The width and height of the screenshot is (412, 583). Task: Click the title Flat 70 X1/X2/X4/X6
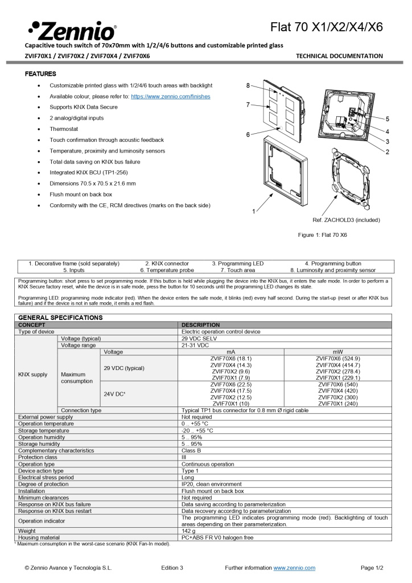click(327, 27)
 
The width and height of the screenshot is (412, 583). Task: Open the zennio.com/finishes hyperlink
click(170, 97)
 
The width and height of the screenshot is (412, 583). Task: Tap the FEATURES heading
click(40, 74)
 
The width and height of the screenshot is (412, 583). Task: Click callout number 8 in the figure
click(248, 85)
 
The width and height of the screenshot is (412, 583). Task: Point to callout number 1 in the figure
click(254, 211)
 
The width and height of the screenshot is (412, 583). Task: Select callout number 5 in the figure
click(387, 119)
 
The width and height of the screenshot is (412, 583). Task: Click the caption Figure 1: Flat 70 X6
click(323, 235)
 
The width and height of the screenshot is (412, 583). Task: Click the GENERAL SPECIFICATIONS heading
click(56, 317)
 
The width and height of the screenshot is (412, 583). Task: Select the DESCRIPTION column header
click(200, 325)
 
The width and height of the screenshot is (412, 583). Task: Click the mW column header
click(337, 352)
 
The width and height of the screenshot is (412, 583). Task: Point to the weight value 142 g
click(189, 531)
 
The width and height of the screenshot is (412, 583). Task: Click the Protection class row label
click(38, 457)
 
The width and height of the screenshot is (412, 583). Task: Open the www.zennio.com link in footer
click(294, 568)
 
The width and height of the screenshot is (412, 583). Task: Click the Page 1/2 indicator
click(372, 568)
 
